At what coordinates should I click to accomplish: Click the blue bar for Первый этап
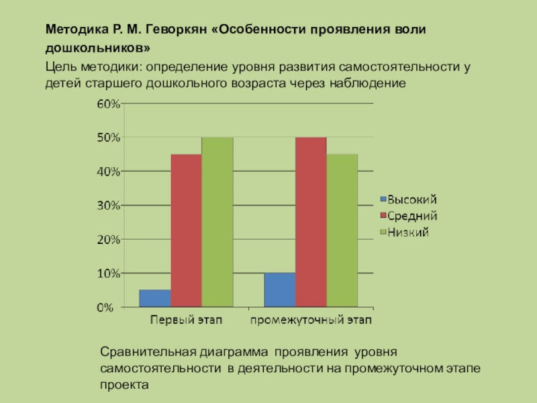pos(155,298)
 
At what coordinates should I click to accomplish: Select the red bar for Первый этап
pos(186,230)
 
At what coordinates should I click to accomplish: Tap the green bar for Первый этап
pos(217,222)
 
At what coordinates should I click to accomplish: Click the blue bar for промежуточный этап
pos(279,290)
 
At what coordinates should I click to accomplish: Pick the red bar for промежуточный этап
pos(310,222)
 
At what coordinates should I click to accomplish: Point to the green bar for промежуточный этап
pos(342,230)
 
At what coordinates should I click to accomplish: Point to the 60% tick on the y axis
pos(109,104)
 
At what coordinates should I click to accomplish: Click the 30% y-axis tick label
pos(109,206)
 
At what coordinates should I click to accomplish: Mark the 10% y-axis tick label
pos(109,273)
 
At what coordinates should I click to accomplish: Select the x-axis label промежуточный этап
pos(311,320)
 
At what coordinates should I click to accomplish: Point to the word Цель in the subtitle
pos(59,66)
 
